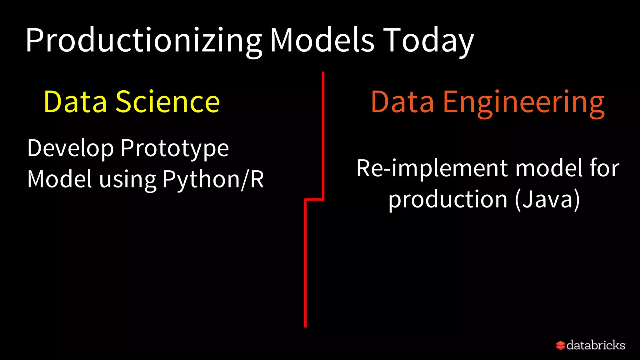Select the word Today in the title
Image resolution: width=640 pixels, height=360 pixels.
[428, 41]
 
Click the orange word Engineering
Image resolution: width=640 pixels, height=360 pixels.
[524, 102]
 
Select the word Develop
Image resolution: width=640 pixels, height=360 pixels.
[71, 148]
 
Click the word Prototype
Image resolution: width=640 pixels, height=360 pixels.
[175, 148]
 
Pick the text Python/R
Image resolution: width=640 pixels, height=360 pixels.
[213, 179]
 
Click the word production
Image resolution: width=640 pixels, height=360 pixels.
[448, 200]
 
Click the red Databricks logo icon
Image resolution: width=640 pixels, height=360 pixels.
[561, 345]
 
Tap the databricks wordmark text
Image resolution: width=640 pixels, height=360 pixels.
[596, 345]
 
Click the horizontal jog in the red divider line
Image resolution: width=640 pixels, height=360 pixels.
[314, 199]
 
